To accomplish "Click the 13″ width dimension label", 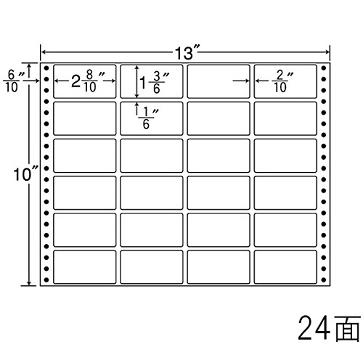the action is [x=187, y=53].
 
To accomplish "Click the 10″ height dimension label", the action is [x=25, y=174].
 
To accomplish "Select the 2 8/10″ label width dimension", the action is [x=88, y=81].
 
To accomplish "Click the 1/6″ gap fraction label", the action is [x=148, y=118].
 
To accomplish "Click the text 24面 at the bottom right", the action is [x=329, y=328].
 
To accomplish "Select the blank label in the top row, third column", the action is [x=219, y=81].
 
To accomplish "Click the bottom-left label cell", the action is [x=85, y=267].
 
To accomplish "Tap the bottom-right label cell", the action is [x=285, y=267].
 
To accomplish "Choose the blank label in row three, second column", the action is [x=152, y=155].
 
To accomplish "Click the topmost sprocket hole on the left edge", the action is [x=46, y=68].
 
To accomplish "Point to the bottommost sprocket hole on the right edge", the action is [x=324, y=280].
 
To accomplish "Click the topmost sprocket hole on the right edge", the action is [x=324, y=68].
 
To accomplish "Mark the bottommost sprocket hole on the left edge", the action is [x=46, y=280].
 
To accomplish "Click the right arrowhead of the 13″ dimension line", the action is [x=327, y=52].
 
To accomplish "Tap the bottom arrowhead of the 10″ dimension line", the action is [x=29, y=283].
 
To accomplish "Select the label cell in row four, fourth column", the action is [x=285, y=192].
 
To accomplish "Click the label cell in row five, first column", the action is [x=85, y=230].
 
